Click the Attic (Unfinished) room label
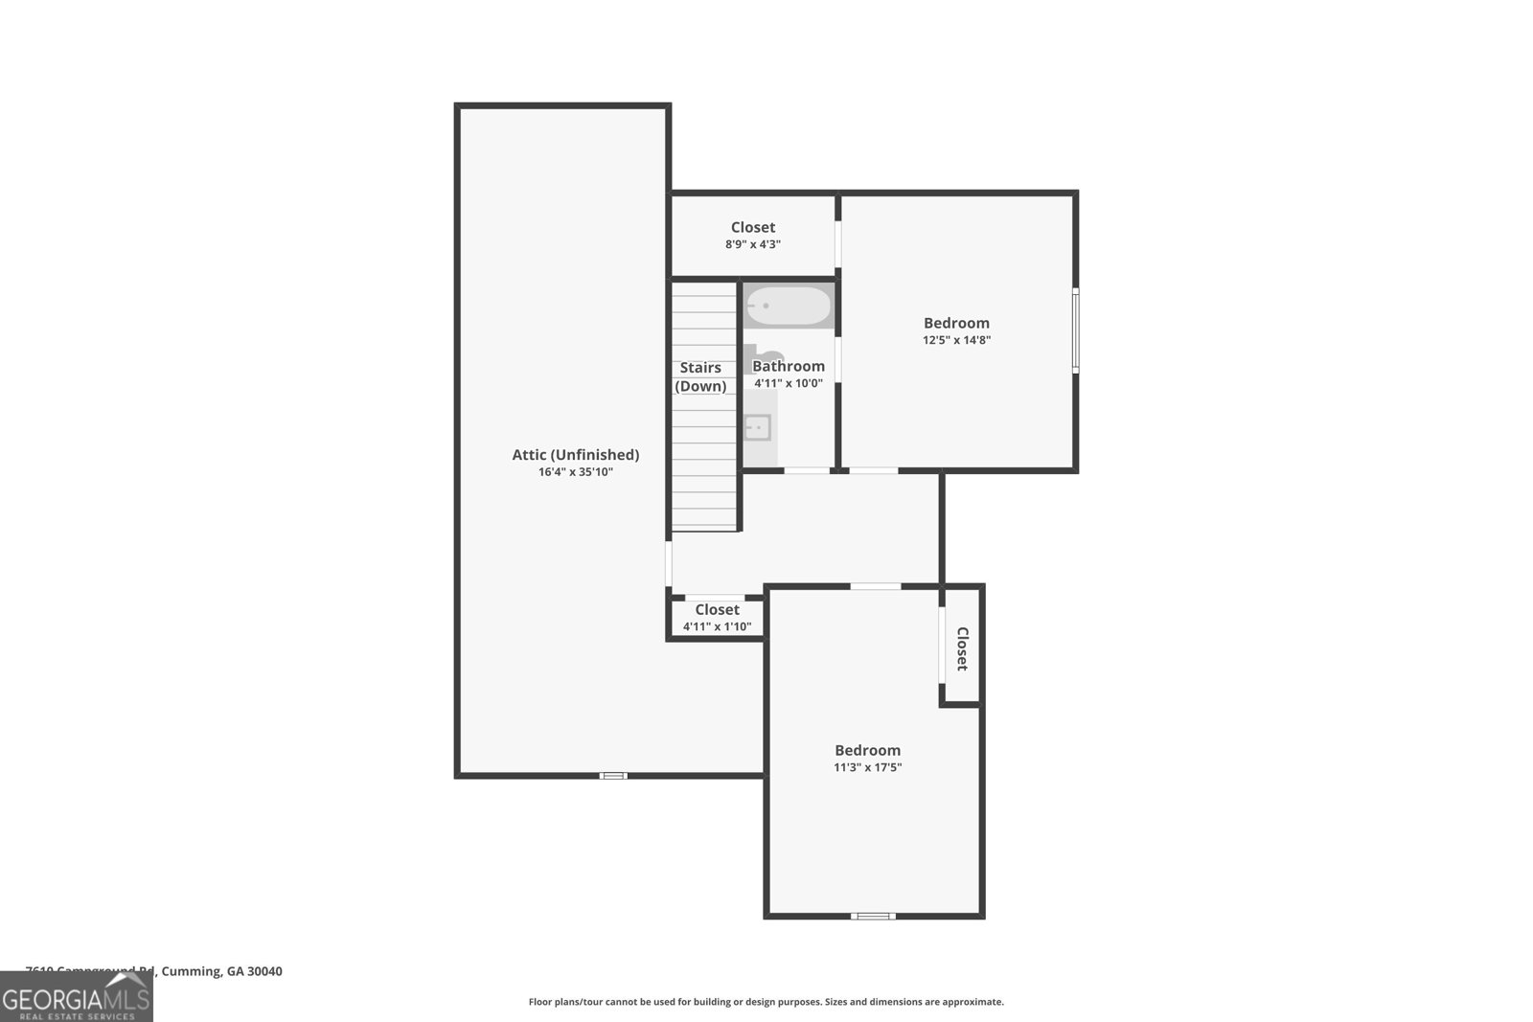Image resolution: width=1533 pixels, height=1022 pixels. [x=575, y=455]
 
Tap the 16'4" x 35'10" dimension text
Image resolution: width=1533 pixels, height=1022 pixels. [x=575, y=472]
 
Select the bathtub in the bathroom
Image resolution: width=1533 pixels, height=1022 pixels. [x=789, y=307]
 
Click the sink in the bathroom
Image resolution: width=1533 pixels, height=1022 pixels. [x=757, y=427]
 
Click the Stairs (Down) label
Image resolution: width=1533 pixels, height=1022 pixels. [x=700, y=376]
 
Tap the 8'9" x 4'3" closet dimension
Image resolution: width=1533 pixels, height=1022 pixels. [x=752, y=244]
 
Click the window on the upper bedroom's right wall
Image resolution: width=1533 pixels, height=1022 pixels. [x=1075, y=330]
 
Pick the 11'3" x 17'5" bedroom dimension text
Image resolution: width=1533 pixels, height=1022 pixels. [x=867, y=767]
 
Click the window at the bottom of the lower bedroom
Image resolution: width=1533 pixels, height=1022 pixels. [x=873, y=916]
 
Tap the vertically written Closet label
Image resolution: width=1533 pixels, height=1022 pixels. [x=962, y=648]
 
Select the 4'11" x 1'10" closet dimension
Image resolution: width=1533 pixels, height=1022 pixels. [x=717, y=627]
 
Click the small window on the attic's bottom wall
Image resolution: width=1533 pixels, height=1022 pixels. [x=613, y=775]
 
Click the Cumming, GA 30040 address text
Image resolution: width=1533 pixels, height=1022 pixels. [x=221, y=971]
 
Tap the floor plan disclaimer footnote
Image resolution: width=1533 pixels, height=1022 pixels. [x=766, y=1002]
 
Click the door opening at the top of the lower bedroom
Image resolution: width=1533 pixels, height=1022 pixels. [x=875, y=586]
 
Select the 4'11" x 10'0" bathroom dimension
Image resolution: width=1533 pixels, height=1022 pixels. [x=788, y=383]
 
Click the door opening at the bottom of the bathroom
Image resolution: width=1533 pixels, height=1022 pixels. [x=807, y=470]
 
